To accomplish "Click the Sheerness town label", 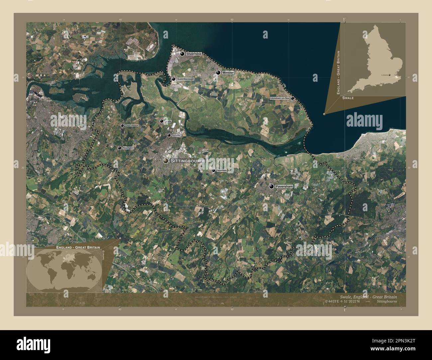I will click(x=194, y=54).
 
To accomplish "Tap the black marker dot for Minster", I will click(x=218, y=72).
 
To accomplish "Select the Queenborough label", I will click(x=185, y=79).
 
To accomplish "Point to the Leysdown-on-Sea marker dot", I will click(x=292, y=98).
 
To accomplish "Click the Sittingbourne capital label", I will click(x=188, y=161).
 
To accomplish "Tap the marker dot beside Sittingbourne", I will click(x=165, y=161).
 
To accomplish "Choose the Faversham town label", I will click(x=284, y=187).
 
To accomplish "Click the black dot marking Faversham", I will click(x=271, y=187).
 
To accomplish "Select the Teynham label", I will click(x=221, y=170).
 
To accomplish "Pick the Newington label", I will click(x=128, y=148).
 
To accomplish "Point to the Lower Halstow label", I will click(x=132, y=126).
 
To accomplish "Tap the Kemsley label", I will click(x=176, y=135).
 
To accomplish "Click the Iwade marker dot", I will click(x=162, y=122).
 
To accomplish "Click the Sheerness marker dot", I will click(x=182, y=54).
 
